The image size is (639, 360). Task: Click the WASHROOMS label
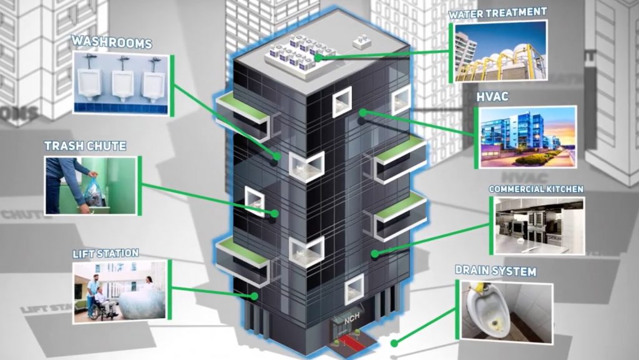coord(111,42)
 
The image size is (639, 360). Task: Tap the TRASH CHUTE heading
coord(85,146)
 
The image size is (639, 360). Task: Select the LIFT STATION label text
coord(105,253)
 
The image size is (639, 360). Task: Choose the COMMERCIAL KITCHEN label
coord(535,188)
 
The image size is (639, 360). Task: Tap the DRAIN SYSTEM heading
coord(495,271)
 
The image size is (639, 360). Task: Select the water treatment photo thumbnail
coord(500,52)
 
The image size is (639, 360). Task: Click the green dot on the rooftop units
coord(318,57)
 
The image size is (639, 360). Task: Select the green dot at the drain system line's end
coord(394,343)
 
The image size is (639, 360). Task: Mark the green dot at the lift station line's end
coord(254,296)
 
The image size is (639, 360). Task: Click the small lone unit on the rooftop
coord(361,42)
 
